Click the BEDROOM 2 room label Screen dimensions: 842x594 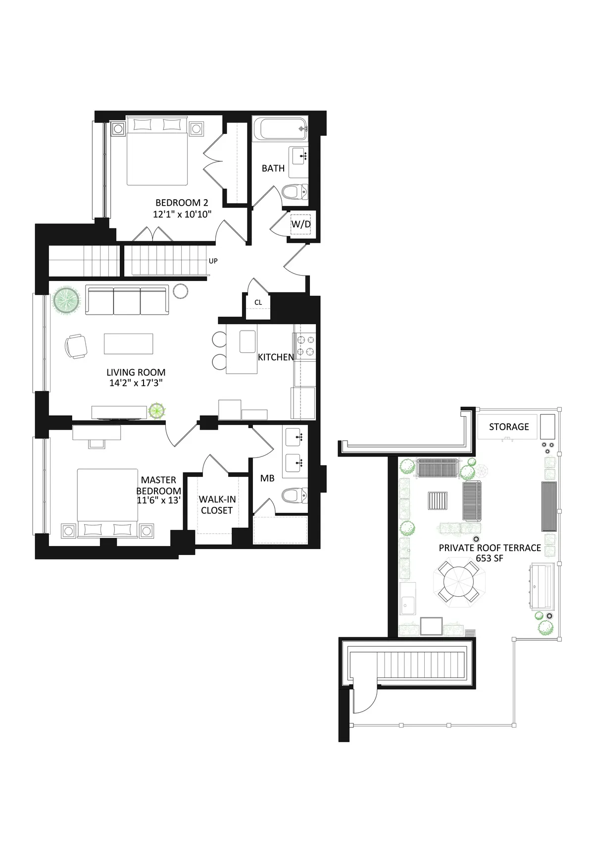pos(182,203)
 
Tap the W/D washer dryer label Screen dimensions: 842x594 pos(300,224)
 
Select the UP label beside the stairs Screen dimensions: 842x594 pos(213,261)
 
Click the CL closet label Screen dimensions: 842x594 pos(258,302)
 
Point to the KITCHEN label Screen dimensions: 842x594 pos(276,357)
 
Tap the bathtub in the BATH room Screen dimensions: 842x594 pos(280,129)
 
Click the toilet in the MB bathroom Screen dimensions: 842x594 pos(295,495)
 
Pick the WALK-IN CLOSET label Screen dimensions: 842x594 pos(216,505)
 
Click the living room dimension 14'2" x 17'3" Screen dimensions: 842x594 pos(136,383)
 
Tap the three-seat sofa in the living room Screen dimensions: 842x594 pos(127,300)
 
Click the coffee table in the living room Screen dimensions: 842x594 pos(128,343)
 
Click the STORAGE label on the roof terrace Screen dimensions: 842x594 pos(509,427)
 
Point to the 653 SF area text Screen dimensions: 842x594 pos(490,558)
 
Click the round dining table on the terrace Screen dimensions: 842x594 pos(459,580)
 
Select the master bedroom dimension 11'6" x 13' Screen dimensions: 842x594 pos(158,500)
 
